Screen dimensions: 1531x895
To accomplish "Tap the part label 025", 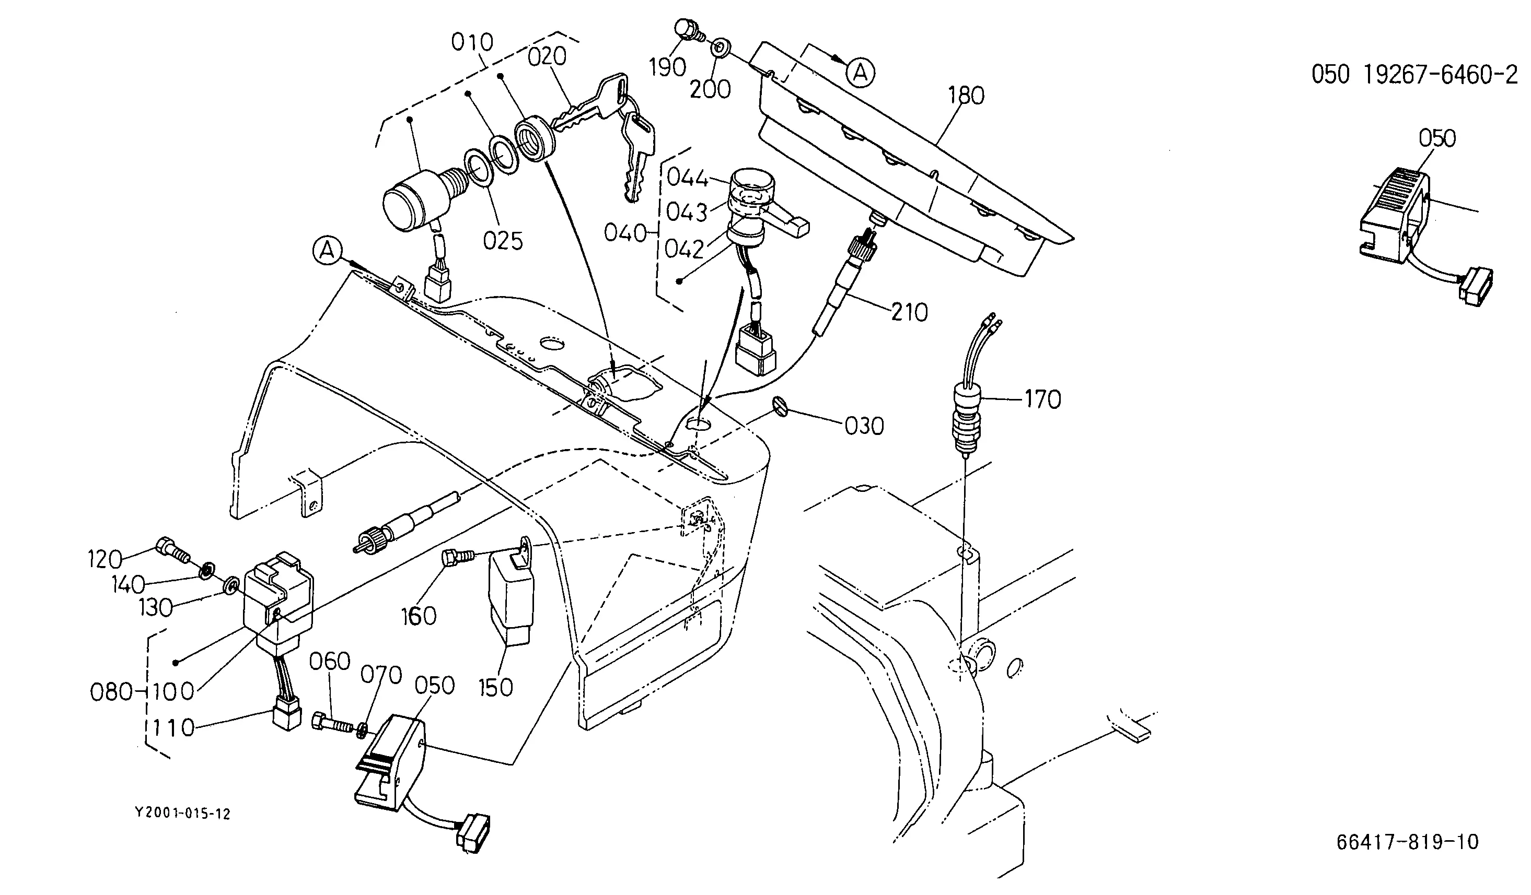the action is [x=503, y=241].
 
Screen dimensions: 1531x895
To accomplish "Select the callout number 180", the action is [x=966, y=96].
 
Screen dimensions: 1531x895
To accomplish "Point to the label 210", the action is [x=910, y=313].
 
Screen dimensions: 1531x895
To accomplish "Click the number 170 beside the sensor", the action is [x=1042, y=399].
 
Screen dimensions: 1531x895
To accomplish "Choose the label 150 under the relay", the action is [x=496, y=687].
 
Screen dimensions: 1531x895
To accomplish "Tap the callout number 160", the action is [x=419, y=616].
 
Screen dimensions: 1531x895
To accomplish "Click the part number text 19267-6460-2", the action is [x=1440, y=75].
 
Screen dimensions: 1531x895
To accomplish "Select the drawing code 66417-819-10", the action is [x=1408, y=842].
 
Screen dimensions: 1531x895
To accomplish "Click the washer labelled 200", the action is [x=720, y=47].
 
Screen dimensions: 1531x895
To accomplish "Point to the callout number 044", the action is [x=688, y=179].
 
